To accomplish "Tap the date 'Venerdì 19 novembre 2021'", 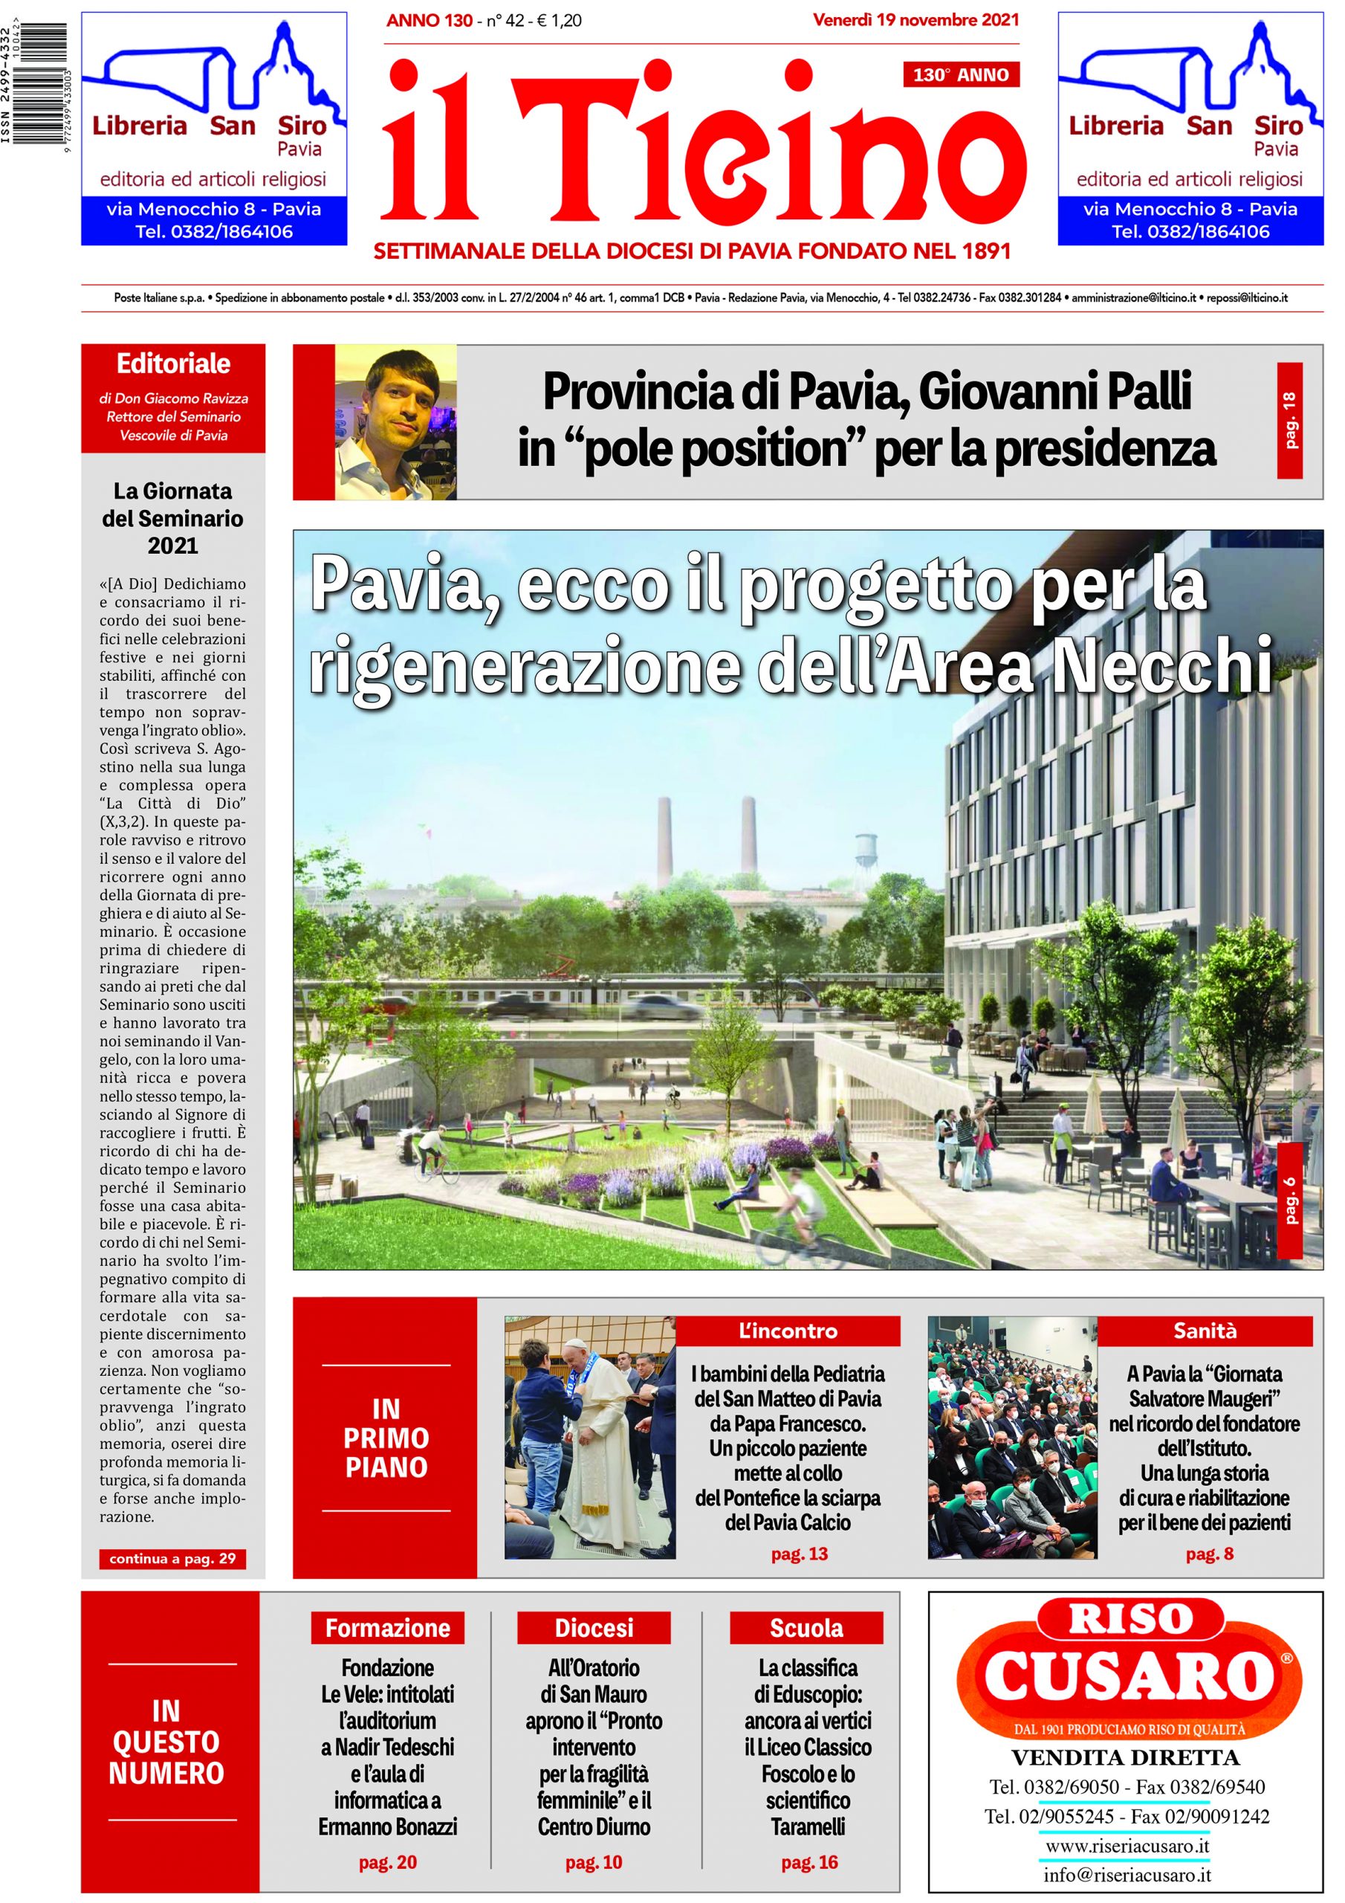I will click(x=915, y=21).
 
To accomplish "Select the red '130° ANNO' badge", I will click(x=961, y=75).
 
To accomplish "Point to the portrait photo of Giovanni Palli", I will click(x=395, y=422).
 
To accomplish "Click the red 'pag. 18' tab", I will click(x=1289, y=421).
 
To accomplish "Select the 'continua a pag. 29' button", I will click(x=172, y=1558).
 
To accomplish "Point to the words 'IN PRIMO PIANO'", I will click(x=386, y=1438).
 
